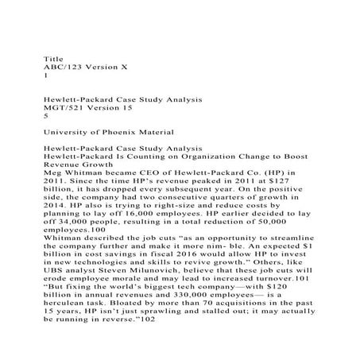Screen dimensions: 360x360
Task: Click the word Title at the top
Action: tap(52, 59)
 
